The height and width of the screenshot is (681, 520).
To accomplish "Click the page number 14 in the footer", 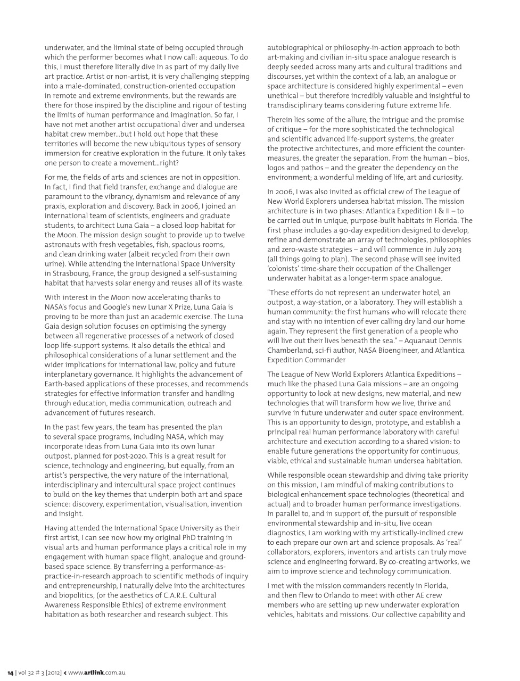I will [x=10, y=672].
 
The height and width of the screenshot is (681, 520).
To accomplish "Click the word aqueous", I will [x=216, y=57].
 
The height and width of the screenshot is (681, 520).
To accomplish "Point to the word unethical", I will [x=286, y=96].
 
